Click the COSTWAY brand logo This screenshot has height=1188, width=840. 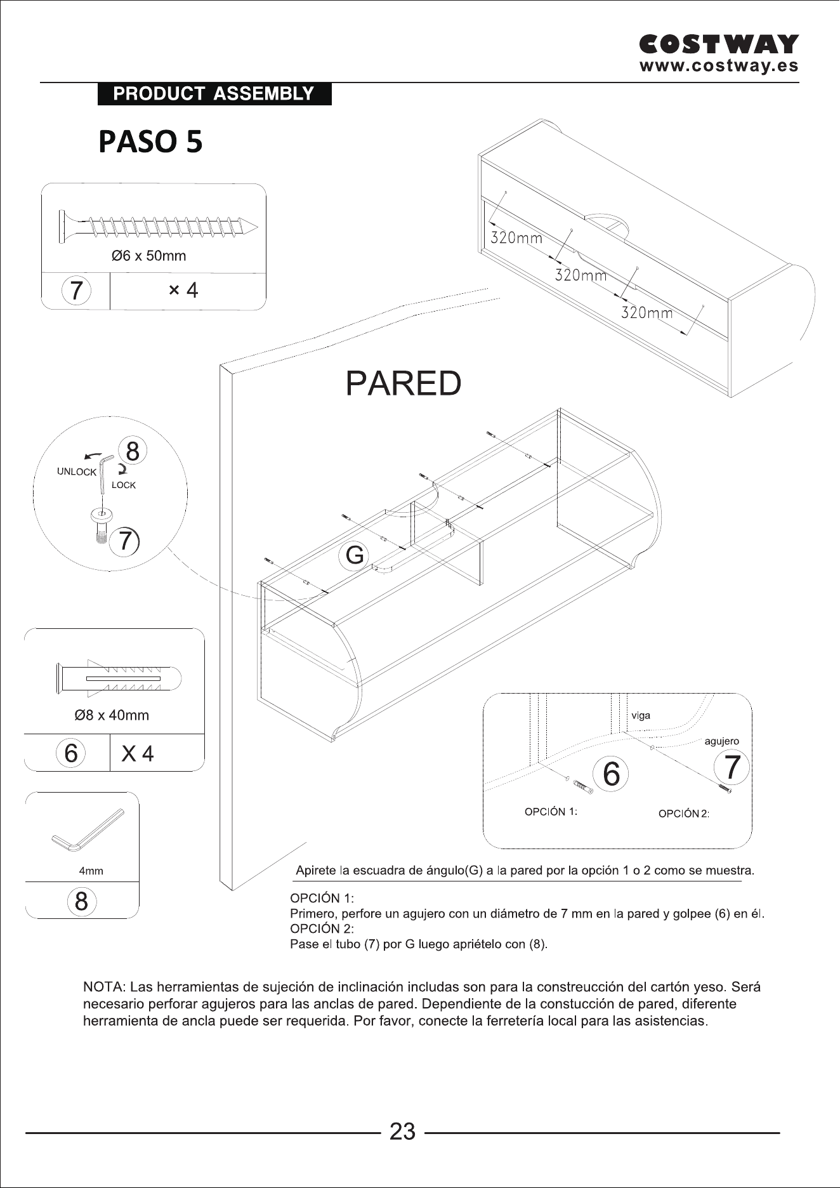click(x=719, y=44)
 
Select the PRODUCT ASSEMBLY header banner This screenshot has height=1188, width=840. click(x=214, y=94)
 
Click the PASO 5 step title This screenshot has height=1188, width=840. click(x=151, y=142)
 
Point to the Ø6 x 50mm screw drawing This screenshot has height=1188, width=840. click(x=159, y=225)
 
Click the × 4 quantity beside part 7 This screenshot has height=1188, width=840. click(x=183, y=291)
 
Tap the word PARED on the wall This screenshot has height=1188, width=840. click(x=404, y=383)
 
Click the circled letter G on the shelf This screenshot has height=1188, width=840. click(x=355, y=555)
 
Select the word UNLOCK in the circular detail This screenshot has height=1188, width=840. click(x=77, y=472)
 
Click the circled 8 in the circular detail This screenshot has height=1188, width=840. click(x=133, y=451)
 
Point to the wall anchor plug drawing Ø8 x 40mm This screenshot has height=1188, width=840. click(x=119, y=678)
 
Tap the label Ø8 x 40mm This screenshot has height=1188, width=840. click(x=112, y=715)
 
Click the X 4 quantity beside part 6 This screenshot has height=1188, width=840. click(x=138, y=754)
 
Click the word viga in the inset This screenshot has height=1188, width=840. click(x=641, y=716)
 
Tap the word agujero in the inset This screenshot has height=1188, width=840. click(x=722, y=741)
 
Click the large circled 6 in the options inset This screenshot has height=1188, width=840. click(x=611, y=774)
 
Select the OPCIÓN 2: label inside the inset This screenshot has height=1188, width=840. click(x=684, y=814)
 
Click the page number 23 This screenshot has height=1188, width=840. click(x=402, y=1132)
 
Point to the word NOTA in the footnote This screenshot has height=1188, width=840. click(x=104, y=987)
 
